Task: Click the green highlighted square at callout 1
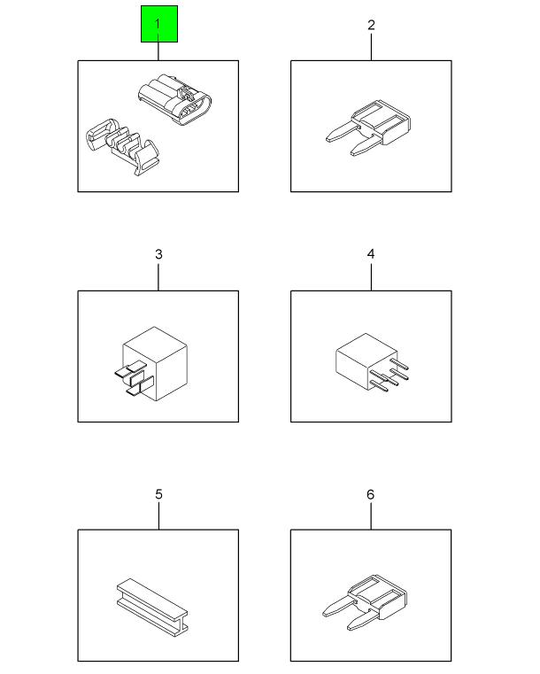(159, 24)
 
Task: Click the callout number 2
(371, 25)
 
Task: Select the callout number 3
(158, 254)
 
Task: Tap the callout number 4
(371, 254)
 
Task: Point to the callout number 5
(158, 494)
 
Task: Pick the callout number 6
(371, 494)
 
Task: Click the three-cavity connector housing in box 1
(175, 100)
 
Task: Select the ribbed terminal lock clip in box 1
(123, 146)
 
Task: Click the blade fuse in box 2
(368, 128)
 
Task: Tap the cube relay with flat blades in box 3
(151, 364)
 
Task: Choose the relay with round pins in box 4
(372, 361)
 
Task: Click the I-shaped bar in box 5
(152, 607)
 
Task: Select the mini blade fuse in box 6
(365, 601)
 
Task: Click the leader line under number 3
(158, 277)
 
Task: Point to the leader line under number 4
(371, 277)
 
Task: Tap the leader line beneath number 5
(159, 516)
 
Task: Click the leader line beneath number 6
(371, 516)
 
